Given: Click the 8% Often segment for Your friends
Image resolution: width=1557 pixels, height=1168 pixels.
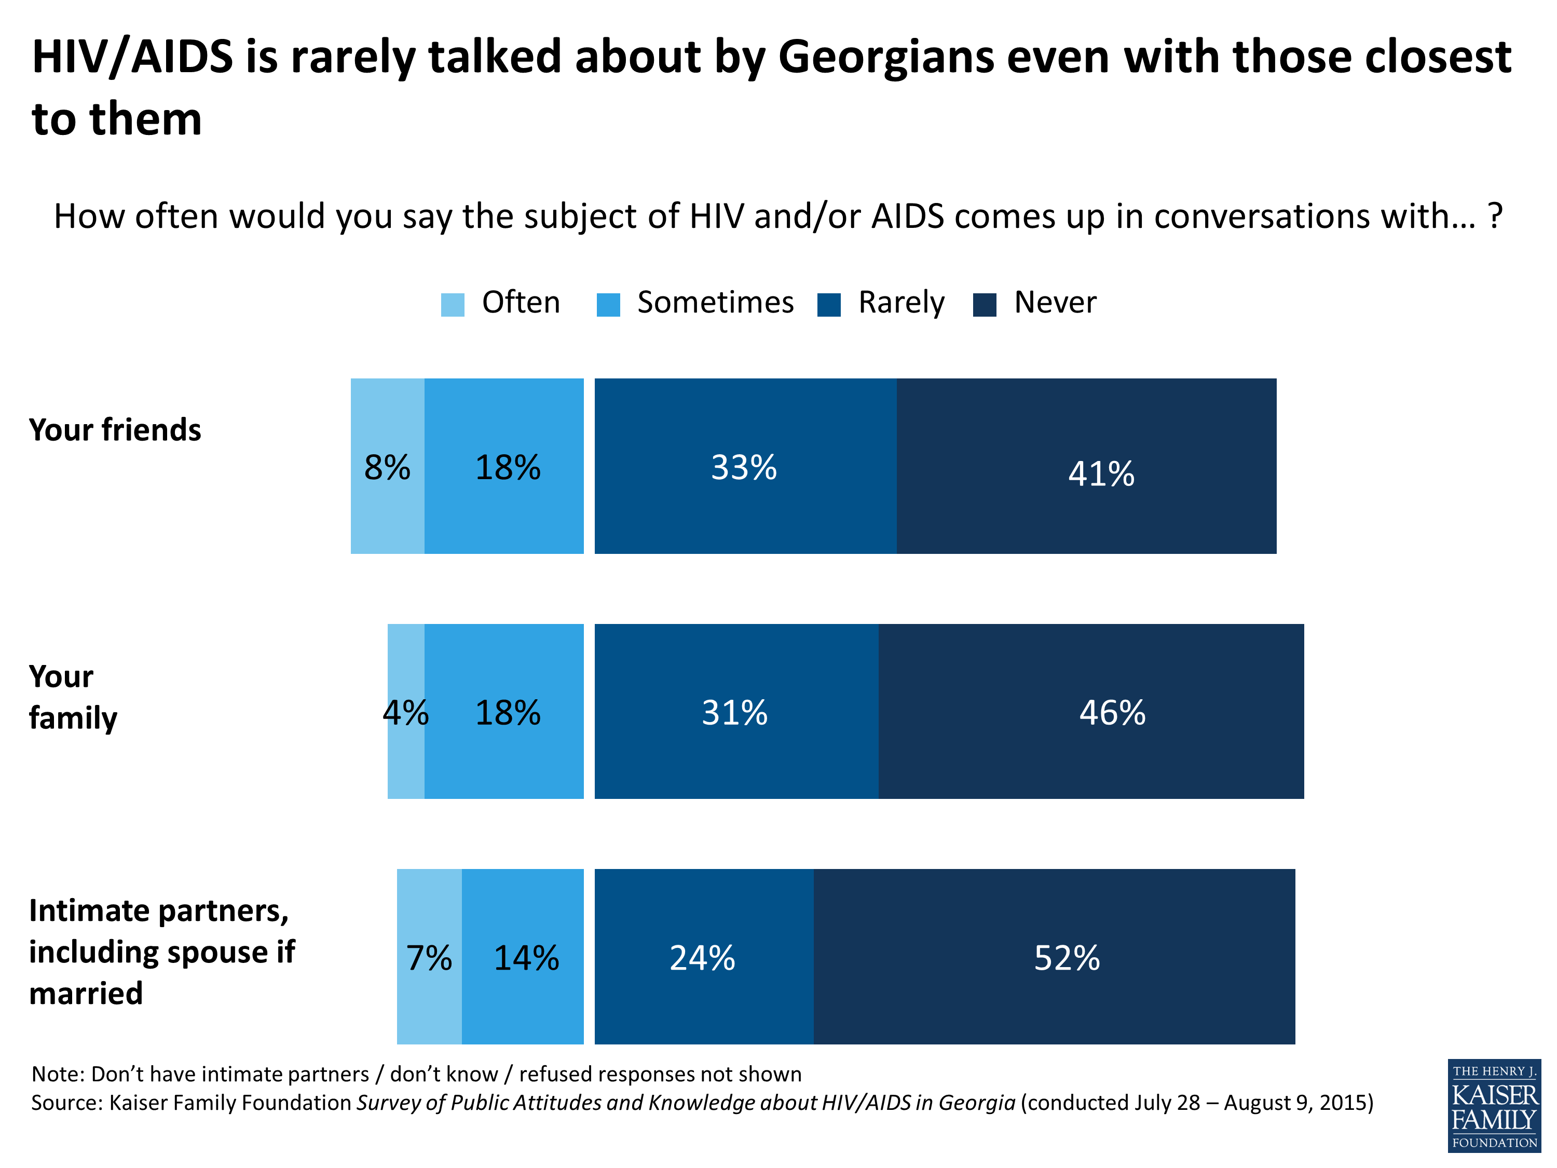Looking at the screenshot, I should click(387, 466).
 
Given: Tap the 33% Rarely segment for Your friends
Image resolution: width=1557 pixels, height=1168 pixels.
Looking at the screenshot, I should click(745, 466).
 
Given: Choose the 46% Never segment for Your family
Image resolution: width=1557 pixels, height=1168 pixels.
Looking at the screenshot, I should click(1090, 711).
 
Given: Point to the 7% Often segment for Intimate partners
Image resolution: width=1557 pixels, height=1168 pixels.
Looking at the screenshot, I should click(429, 956).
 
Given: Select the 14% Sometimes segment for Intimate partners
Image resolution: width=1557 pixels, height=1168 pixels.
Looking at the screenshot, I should click(522, 956).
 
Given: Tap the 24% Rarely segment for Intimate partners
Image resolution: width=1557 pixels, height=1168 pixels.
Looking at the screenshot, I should click(703, 956).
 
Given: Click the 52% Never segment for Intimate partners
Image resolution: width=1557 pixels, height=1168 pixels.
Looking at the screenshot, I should click(1054, 956).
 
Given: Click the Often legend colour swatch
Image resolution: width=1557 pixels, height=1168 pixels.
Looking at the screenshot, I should click(453, 305).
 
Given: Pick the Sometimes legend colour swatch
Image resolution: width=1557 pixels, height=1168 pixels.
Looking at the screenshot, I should click(608, 305).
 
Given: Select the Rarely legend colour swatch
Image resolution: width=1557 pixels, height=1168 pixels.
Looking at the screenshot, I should click(829, 305).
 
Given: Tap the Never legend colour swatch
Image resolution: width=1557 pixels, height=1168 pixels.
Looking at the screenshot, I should click(984, 305).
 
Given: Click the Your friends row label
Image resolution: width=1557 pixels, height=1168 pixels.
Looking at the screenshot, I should click(115, 429).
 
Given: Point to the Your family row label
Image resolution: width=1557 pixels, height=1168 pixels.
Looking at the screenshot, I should click(73, 697).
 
